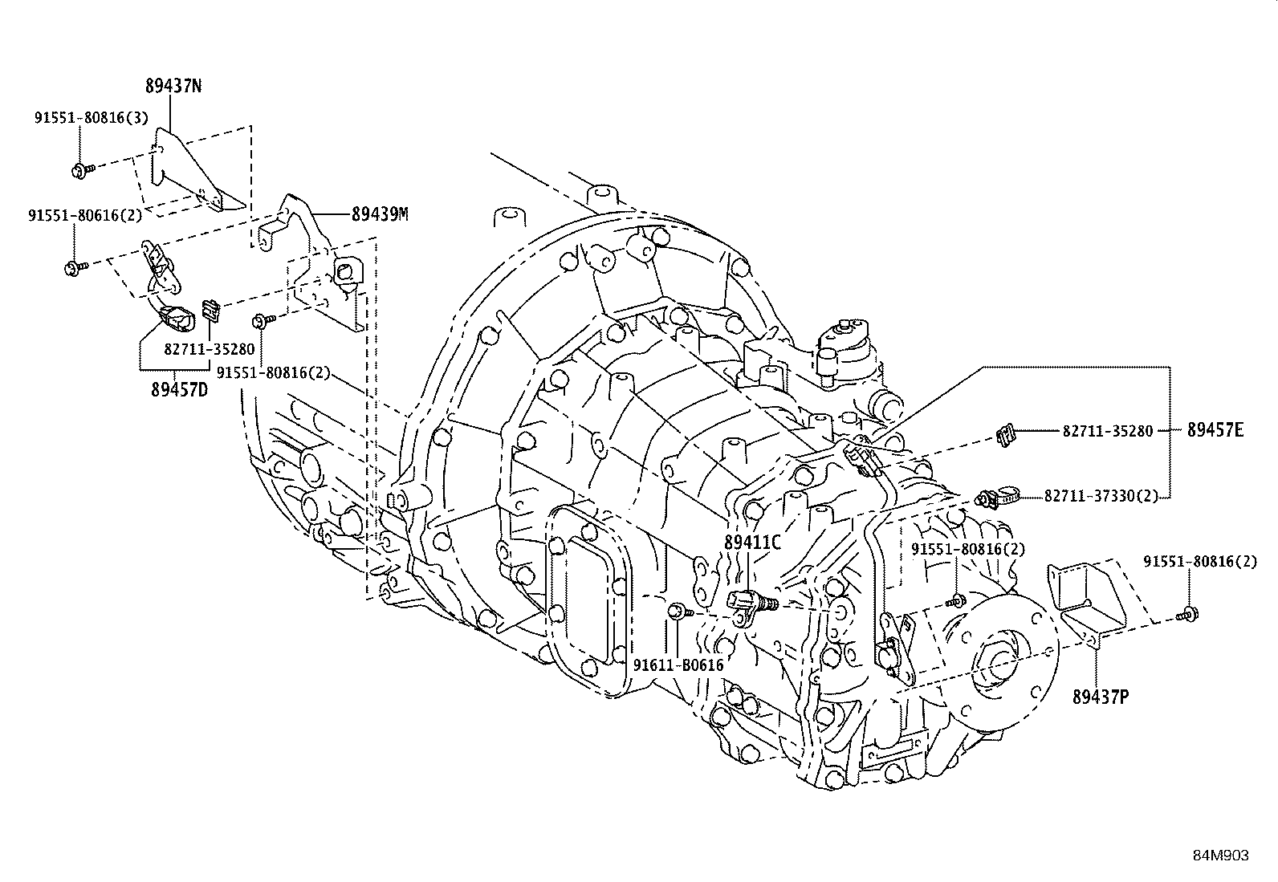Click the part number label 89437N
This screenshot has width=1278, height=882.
173,86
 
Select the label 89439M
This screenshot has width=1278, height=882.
379,214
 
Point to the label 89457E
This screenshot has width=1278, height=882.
1215,431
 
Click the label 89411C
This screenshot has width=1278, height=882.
751,543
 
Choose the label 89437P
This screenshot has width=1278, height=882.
1100,697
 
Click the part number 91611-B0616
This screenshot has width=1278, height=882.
678,665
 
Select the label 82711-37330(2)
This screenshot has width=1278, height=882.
1101,497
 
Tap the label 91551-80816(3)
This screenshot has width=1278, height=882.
91,117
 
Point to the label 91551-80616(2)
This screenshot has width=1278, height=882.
85,215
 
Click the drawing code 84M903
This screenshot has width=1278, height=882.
1219,856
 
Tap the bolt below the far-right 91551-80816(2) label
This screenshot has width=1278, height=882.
1187,615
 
